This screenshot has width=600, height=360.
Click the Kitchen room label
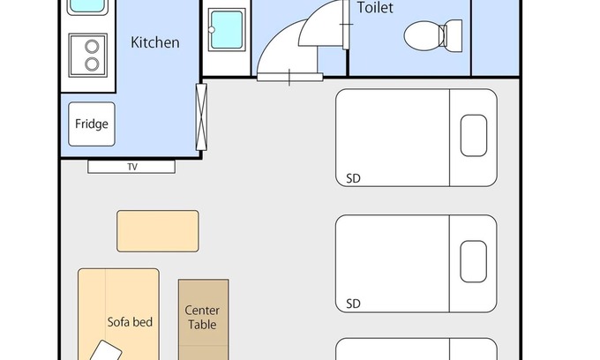click(155, 42)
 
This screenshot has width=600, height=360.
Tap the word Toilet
click(375, 8)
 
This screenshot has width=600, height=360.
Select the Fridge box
click(92, 124)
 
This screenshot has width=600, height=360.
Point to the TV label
click(132, 167)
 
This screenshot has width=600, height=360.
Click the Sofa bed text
click(130, 322)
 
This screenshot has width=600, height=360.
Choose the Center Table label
click(202, 318)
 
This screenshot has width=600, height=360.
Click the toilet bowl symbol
click(424, 35)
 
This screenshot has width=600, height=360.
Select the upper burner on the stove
click(92, 47)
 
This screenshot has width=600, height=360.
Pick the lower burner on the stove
click(92, 64)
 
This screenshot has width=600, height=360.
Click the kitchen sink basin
click(87, 6)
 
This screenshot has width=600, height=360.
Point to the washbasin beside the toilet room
click(227, 30)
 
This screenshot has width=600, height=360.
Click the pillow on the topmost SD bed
click(474, 135)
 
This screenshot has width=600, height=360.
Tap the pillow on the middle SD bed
click(473, 261)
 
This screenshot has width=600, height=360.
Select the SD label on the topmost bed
click(353, 178)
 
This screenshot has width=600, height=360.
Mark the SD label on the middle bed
click(353, 304)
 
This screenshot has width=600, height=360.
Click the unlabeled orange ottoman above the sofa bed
click(158, 231)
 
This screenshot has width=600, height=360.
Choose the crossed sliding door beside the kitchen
click(201, 116)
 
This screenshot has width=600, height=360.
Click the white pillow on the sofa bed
click(106, 351)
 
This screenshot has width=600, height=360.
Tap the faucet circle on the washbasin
click(211, 29)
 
